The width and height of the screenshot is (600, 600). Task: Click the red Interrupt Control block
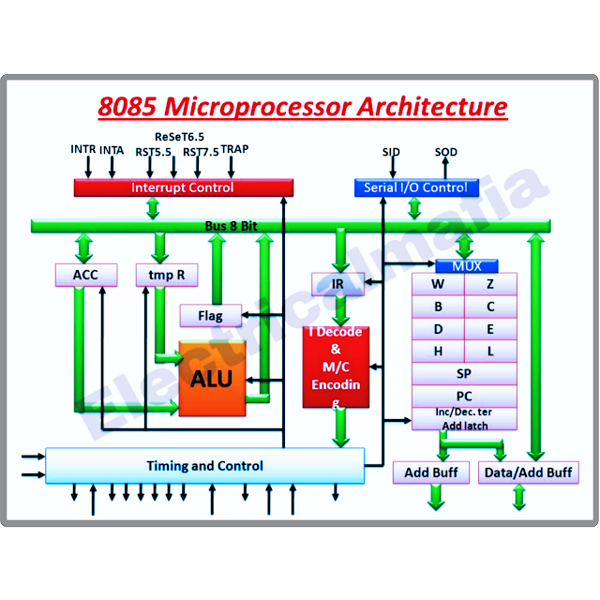click(183, 187)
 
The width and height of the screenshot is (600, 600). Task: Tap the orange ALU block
click(212, 380)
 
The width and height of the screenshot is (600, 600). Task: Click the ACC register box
click(85, 275)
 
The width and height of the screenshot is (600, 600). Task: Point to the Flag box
click(210, 316)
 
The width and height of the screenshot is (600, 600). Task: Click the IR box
click(337, 283)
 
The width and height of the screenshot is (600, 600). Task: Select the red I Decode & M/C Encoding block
click(336, 367)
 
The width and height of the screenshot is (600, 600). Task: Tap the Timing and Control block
click(204, 466)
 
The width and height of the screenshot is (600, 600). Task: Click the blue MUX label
click(466, 266)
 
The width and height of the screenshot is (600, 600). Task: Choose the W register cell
click(438, 284)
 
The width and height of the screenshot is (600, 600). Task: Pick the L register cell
click(490, 351)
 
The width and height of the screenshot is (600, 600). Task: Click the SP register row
click(464, 373)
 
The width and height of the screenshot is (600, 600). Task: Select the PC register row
click(464, 396)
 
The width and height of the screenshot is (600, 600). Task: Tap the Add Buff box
click(431, 472)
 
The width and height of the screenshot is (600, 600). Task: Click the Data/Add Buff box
click(528, 472)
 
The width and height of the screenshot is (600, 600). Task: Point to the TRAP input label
click(234, 149)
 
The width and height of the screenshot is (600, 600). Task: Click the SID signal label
click(391, 151)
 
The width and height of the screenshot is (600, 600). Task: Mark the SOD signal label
click(446, 151)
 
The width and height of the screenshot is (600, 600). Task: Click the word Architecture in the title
click(431, 106)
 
